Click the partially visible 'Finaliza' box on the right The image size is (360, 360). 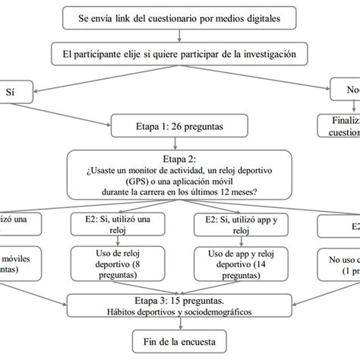[339, 125]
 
